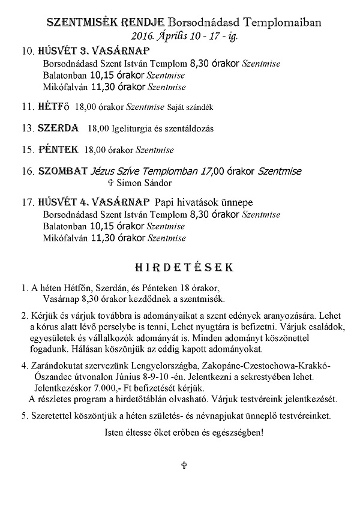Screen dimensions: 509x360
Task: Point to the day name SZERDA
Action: pos(58,128)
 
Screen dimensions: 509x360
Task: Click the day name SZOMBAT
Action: pos(63,171)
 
